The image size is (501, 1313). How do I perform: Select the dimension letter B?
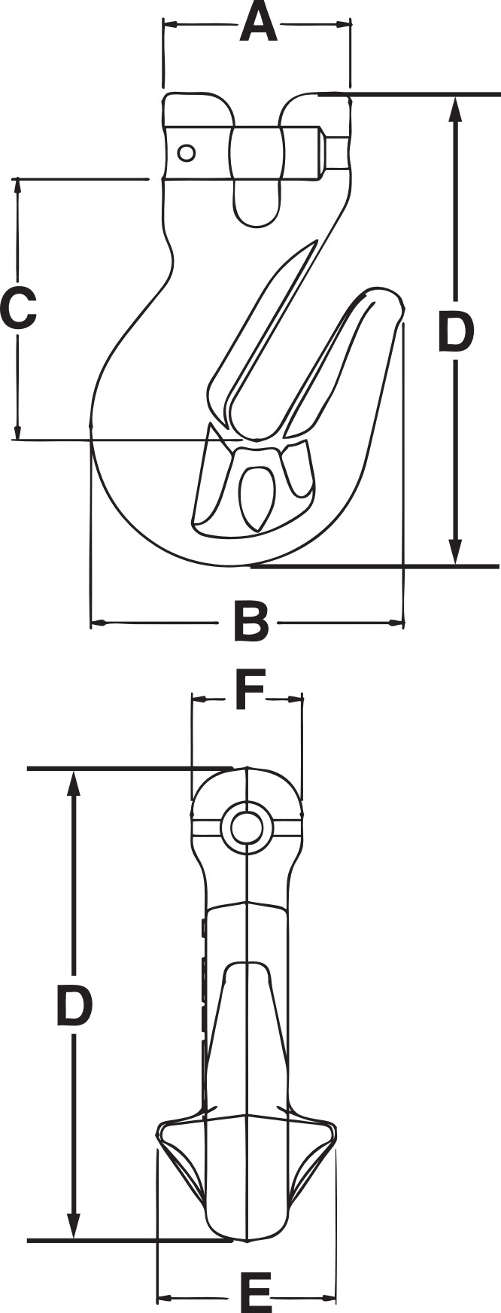click(250, 622)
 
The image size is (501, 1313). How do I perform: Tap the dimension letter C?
click(18, 309)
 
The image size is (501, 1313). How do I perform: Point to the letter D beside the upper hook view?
click(455, 333)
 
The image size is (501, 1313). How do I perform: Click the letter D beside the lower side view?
click(74, 1007)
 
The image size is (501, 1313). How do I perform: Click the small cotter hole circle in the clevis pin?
click(186, 154)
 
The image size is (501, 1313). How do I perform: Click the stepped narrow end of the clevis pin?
click(336, 154)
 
